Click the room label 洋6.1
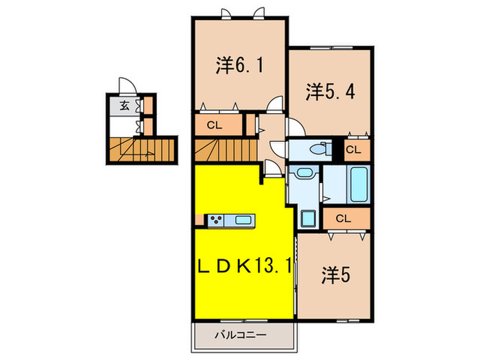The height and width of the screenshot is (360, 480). pos(239,66)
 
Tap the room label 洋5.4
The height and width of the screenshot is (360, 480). pos(331,92)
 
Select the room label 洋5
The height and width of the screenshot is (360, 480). pos(335,275)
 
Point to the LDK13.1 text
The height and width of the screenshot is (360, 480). pos(244,267)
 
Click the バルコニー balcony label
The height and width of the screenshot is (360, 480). pos(240,335)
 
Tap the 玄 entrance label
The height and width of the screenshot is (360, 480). pos(124,106)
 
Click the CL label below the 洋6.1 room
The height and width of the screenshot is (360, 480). pos(214,125)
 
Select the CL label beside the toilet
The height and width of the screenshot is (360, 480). pos(353,150)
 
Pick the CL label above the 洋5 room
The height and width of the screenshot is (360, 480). pos(343,219)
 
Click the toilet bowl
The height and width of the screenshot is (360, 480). pos(320,149)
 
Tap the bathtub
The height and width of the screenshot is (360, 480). pos(359,184)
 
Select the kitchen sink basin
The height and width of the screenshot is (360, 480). pos(243,219)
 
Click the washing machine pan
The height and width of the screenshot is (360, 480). pos(309,219)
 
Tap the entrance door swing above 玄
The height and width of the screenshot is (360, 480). pos(128,86)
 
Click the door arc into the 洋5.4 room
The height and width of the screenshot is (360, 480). pos(296,127)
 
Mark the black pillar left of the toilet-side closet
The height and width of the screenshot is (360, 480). pos(337,150)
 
